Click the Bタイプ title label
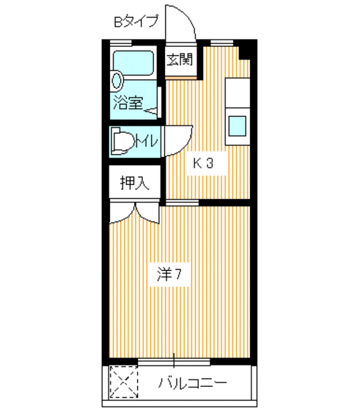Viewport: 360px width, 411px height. (136, 21)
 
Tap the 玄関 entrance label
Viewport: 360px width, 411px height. (179, 59)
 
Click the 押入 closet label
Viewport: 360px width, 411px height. (135, 183)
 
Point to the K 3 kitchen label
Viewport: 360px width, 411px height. (202, 163)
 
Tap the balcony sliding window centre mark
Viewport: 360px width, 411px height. (174, 361)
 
